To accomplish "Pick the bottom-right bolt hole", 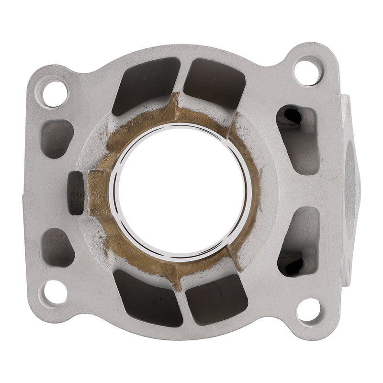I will click(309, 310).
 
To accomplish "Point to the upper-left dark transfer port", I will click(144, 85).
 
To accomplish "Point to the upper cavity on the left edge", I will click(56, 139).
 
